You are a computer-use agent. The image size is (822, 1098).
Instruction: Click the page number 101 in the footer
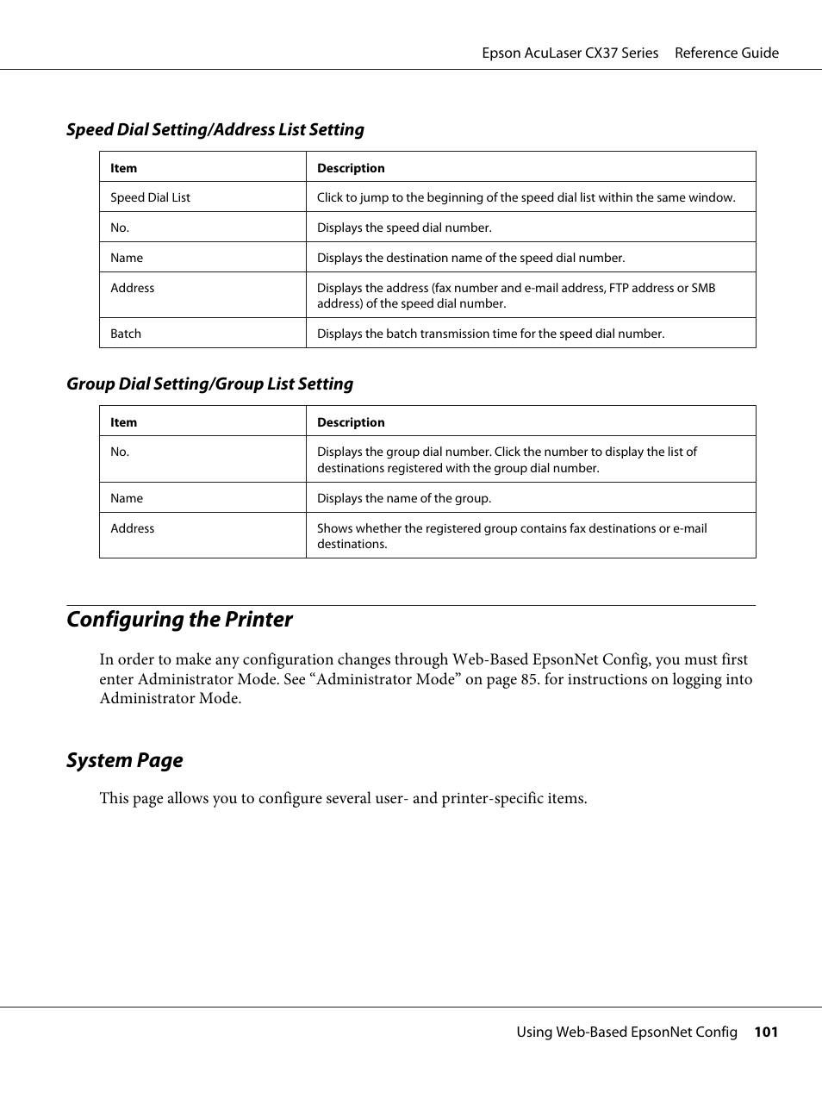(x=765, y=1032)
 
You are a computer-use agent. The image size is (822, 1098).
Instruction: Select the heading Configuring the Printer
(x=179, y=620)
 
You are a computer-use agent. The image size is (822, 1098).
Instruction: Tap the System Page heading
(x=125, y=760)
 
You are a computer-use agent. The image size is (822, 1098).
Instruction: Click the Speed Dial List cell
(x=150, y=197)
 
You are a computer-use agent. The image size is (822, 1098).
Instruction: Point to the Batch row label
(x=126, y=334)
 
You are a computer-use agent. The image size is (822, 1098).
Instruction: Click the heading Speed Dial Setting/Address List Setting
(x=215, y=129)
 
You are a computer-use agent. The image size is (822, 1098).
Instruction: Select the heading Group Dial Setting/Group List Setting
(x=209, y=384)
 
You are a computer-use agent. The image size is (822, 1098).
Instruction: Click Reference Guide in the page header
(x=726, y=53)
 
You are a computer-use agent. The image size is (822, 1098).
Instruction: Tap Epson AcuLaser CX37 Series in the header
(x=570, y=53)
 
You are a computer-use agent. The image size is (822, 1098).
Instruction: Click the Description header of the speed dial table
(x=351, y=168)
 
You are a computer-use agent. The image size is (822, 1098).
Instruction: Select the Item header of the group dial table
(x=123, y=422)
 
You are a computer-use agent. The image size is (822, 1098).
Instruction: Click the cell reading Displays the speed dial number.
(x=404, y=228)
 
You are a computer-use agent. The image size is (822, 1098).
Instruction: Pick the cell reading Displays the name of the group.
(x=404, y=498)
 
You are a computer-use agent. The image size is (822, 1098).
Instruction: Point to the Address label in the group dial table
(x=132, y=528)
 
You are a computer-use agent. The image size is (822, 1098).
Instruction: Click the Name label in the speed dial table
(x=127, y=258)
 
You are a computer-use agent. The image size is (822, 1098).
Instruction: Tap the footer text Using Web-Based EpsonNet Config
(x=626, y=1032)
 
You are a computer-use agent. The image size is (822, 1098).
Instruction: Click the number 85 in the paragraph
(x=529, y=679)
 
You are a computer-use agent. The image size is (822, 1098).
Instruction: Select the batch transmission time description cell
(x=490, y=334)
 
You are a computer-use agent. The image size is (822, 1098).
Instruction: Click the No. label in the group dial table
(x=120, y=452)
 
